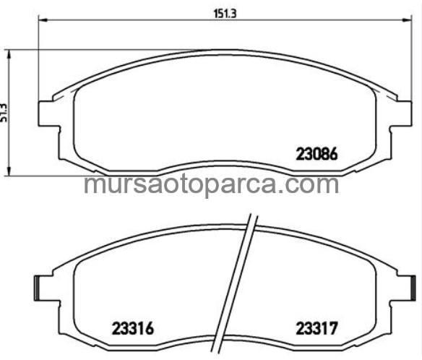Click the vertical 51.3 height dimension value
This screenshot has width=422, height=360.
tap(6, 111)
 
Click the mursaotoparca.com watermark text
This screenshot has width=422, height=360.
tap(211, 184)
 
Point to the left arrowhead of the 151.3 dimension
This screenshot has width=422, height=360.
tap(39, 20)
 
